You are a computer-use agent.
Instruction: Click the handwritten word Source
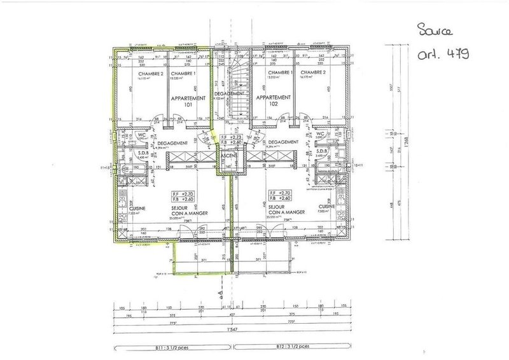[435, 30]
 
